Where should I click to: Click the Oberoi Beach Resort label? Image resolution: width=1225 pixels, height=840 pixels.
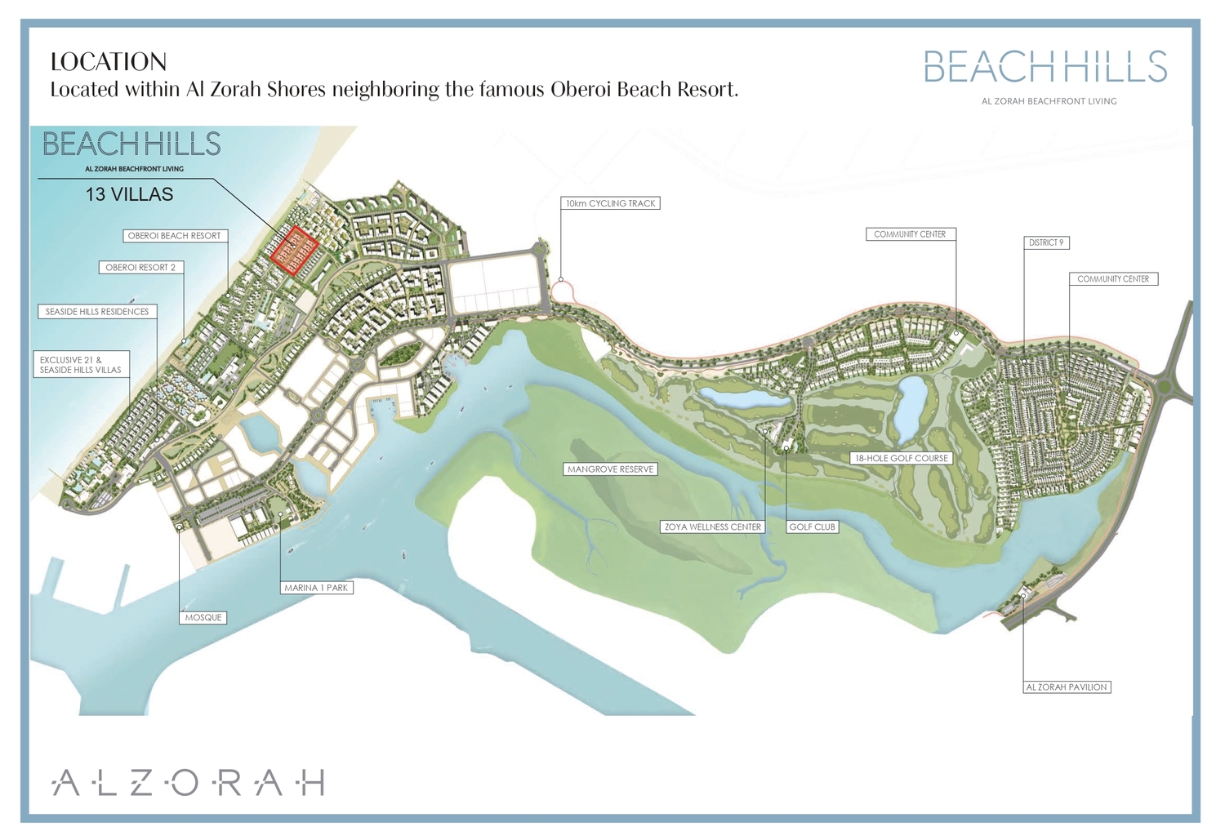point(174,236)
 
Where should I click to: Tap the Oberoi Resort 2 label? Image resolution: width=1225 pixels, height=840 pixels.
point(140,268)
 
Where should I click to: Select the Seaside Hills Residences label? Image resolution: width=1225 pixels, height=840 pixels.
point(97,312)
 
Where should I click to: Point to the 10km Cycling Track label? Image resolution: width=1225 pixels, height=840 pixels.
point(611,203)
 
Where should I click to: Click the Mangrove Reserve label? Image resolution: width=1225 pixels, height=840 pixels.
point(611,469)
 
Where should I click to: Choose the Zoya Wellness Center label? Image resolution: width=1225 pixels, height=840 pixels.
point(713,527)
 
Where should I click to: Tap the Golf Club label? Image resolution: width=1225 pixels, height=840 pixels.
point(812,527)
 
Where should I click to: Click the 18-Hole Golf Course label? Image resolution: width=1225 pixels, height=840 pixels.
point(902,459)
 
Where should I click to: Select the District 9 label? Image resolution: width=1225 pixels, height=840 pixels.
point(1046,243)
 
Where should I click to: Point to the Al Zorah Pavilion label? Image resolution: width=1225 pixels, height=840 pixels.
point(1067,687)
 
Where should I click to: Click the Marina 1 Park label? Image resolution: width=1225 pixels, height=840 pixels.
point(316,588)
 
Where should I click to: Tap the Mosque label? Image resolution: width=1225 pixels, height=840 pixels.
point(203,618)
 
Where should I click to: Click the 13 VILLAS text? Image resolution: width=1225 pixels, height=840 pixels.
point(130,195)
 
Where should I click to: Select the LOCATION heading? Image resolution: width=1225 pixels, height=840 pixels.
point(109,62)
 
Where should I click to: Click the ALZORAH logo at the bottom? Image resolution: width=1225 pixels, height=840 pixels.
point(189,782)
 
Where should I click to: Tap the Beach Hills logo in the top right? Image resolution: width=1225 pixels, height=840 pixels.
point(1046,68)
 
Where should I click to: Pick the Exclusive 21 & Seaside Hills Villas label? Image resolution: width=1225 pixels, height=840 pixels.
point(81,365)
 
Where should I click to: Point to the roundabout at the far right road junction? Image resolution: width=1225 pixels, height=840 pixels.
point(1165,383)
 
